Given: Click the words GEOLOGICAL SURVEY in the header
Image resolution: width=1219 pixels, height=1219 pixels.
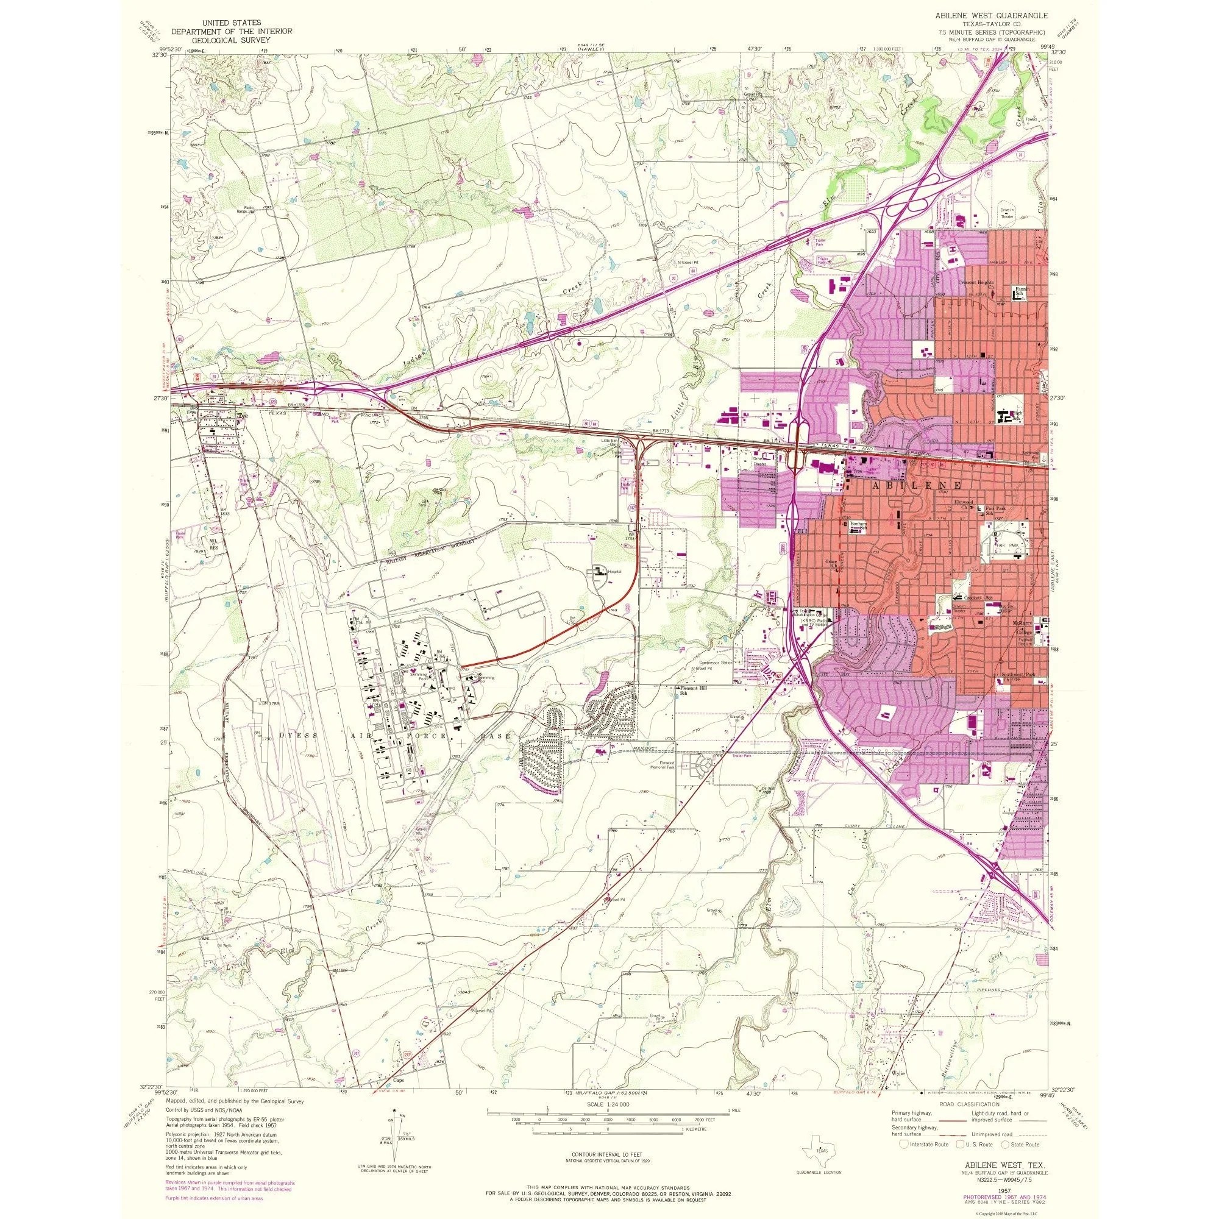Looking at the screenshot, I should tap(224, 39).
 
